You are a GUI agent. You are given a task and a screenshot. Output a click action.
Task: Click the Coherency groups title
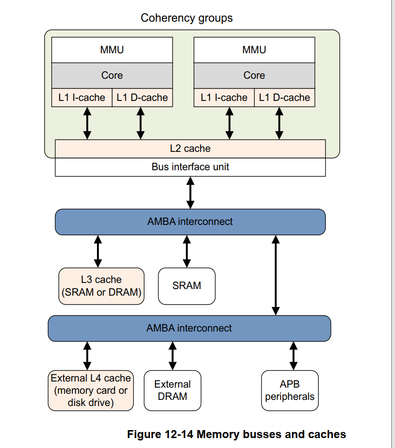tap(186, 18)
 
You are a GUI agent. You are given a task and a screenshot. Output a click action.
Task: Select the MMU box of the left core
tap(112, 50)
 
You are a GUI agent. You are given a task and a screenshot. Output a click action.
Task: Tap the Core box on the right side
tap(254, 75)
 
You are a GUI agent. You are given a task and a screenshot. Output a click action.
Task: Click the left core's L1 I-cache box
tap(82, 98)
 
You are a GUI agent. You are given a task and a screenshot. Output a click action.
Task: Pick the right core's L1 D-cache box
tap(284, 98)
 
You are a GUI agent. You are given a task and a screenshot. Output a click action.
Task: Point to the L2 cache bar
tap(190, 149)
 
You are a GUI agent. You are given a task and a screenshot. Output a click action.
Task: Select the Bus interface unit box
tap(190, 167)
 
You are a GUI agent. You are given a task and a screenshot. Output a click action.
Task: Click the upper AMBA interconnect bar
tap(190, 222)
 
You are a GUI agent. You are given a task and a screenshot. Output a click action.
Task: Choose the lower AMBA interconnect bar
tap(189, 328)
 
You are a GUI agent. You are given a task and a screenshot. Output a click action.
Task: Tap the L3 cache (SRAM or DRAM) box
tap(101, 286)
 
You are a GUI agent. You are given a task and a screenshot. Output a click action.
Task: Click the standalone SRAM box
tap(187, 286)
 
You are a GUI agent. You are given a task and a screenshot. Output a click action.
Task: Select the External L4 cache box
tap(91, 390)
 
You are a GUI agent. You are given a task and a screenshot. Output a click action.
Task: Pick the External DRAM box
tap(172, 390)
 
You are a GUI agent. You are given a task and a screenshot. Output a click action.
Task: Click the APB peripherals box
tap(290, 390)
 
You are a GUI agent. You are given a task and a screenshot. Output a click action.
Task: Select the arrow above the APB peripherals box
tap(294, 356)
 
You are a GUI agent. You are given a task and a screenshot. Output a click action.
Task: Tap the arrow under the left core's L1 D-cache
tap(140, 123)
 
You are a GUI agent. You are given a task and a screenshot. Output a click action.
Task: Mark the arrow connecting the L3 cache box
tap(98, 251)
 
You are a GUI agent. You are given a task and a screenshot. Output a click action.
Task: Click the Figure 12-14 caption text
tap(236, 434)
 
